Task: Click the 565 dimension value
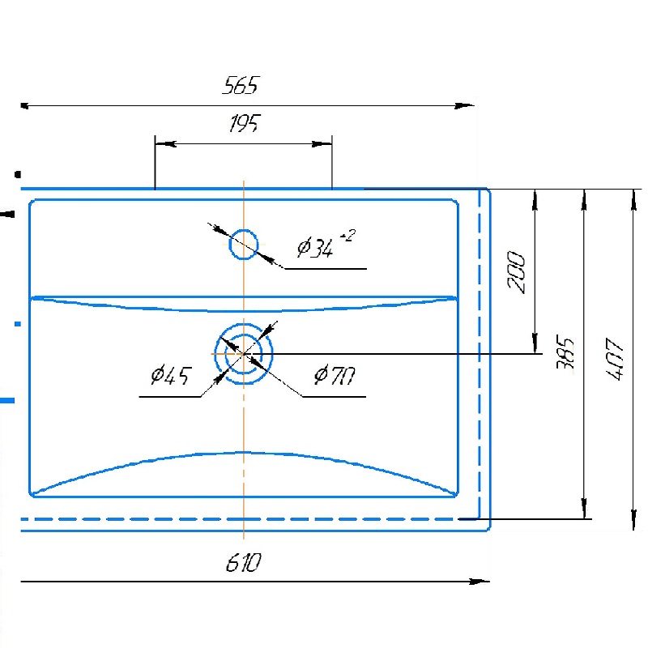point(240,85)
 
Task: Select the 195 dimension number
point(245,123)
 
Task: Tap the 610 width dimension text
point(244,562)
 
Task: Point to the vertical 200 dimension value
point(516,272)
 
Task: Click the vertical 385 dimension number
point(565,352)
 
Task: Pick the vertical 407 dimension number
point(615,359)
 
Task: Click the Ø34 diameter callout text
point(315,248)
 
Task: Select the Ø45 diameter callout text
point(171,375)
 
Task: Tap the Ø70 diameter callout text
point(335,375)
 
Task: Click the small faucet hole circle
point(244,230)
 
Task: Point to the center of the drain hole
point(244,354)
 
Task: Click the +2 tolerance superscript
point(347,236)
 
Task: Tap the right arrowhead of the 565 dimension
point(464,106)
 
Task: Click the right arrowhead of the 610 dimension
point(480,582)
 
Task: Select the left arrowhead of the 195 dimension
point(166,144)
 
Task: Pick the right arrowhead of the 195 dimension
point(322,144)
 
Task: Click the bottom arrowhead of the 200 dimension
point(535,343)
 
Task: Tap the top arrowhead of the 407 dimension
point(634,200)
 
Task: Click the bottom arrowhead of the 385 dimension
point(584,509)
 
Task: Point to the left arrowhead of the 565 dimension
point(26,106)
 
